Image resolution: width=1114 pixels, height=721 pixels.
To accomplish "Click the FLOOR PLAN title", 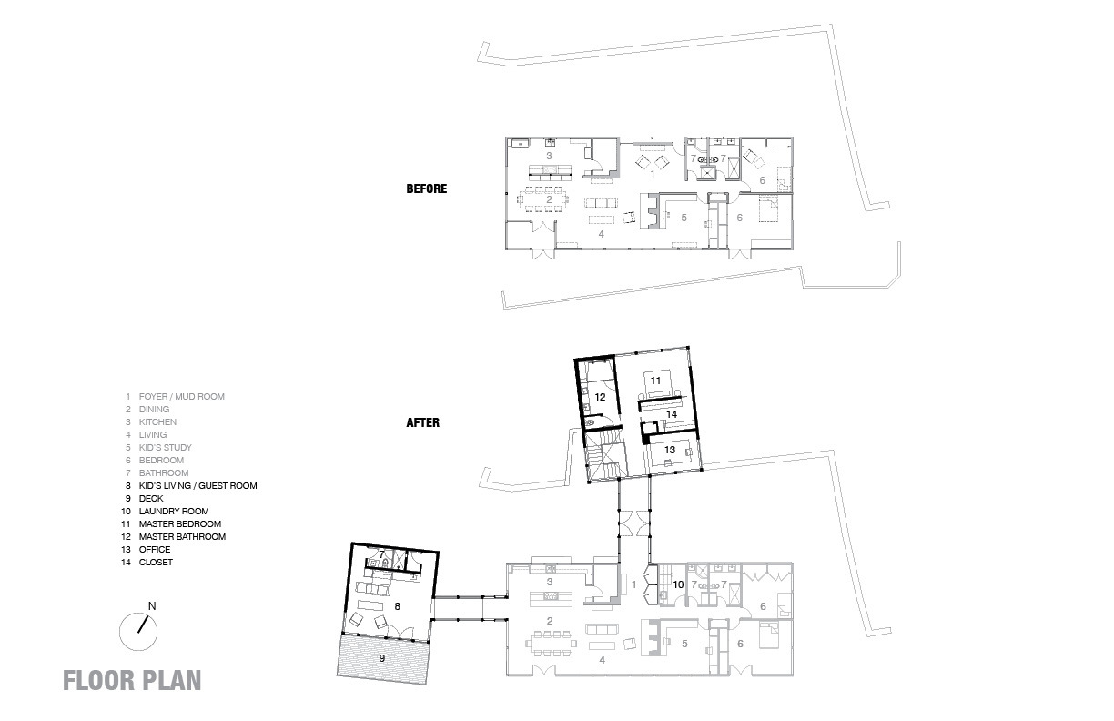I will pyautogui.click(x=132, y=681).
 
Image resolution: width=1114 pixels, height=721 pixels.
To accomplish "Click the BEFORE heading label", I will pyautogui.click(x=426, y=189).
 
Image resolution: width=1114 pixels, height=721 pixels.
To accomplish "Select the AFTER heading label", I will pyautogui.click(x=423, y=422).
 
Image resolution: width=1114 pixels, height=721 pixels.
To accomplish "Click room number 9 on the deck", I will pyautogui.click(x=381, y=655).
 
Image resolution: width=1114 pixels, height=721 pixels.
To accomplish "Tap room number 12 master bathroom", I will pyautogui.click(x=600, y=397).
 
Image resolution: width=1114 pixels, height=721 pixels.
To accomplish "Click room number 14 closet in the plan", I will pyautogui.click(x=672, y=413).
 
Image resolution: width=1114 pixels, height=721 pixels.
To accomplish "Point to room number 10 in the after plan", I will pyautogui.click(x=677, y=584).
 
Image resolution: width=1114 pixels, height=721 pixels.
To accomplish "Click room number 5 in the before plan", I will pyautogui.click(x=683, y=218).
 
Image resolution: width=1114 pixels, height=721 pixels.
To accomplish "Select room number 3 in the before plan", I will pyautogui.click(x=549, y=157).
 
